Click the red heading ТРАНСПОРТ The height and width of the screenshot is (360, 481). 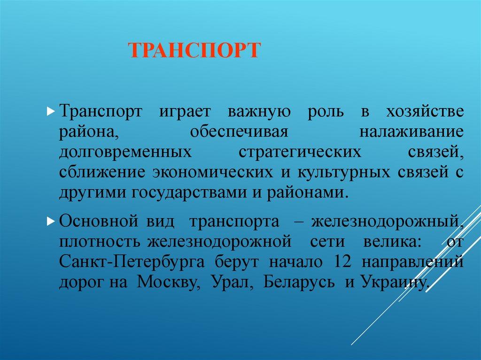click(x=194, y=50)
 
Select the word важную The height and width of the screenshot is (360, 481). click(x=260, y=112)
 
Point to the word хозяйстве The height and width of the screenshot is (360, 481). click(x=425, y=112)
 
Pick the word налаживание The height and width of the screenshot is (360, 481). click(x=412, y=132)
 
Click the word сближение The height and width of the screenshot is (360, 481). click(x=101, y=172)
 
